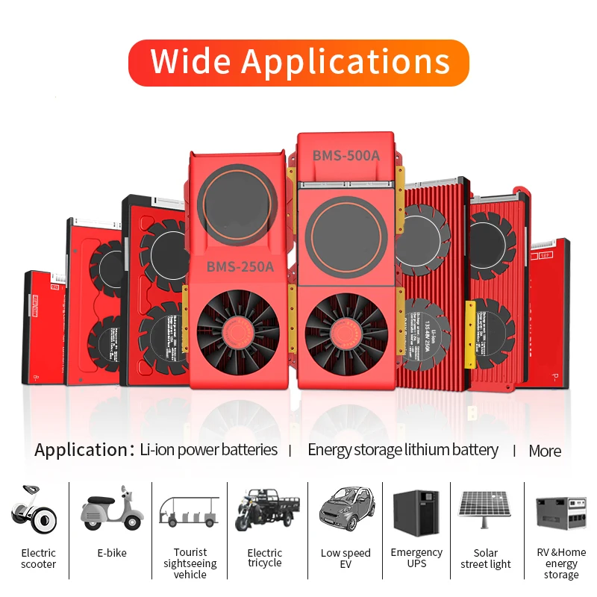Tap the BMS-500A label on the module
pyautogui.click(x=346, y=156)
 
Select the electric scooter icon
pyautogui.click(x=34, y=507)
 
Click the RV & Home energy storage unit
pyautogui.click(x=561, y=513)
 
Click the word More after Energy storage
pyautogui.click(x=545, y=451)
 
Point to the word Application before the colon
pyautogui.click(x=77, y=450)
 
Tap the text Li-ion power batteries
pyautogui.click(x=209, y=450)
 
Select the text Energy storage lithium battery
pyautogui.click(x=403, y=450)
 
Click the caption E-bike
pyautogui.click(x=112, y=553)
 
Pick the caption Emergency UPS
pyautogui.click(x=416, y=558)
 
